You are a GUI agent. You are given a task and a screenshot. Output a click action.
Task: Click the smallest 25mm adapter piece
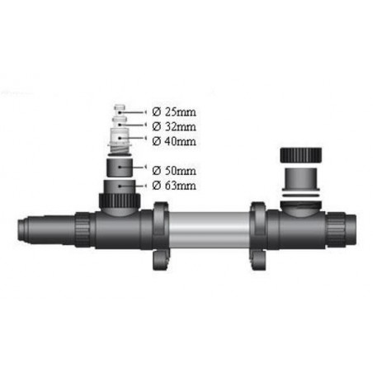pyautogui.click(x=119, y=107)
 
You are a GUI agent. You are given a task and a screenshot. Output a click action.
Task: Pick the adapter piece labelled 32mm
pyautogui.click(x=120, y=122)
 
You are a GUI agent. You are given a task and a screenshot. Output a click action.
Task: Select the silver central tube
pyautogui.click(x=209, y=223)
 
